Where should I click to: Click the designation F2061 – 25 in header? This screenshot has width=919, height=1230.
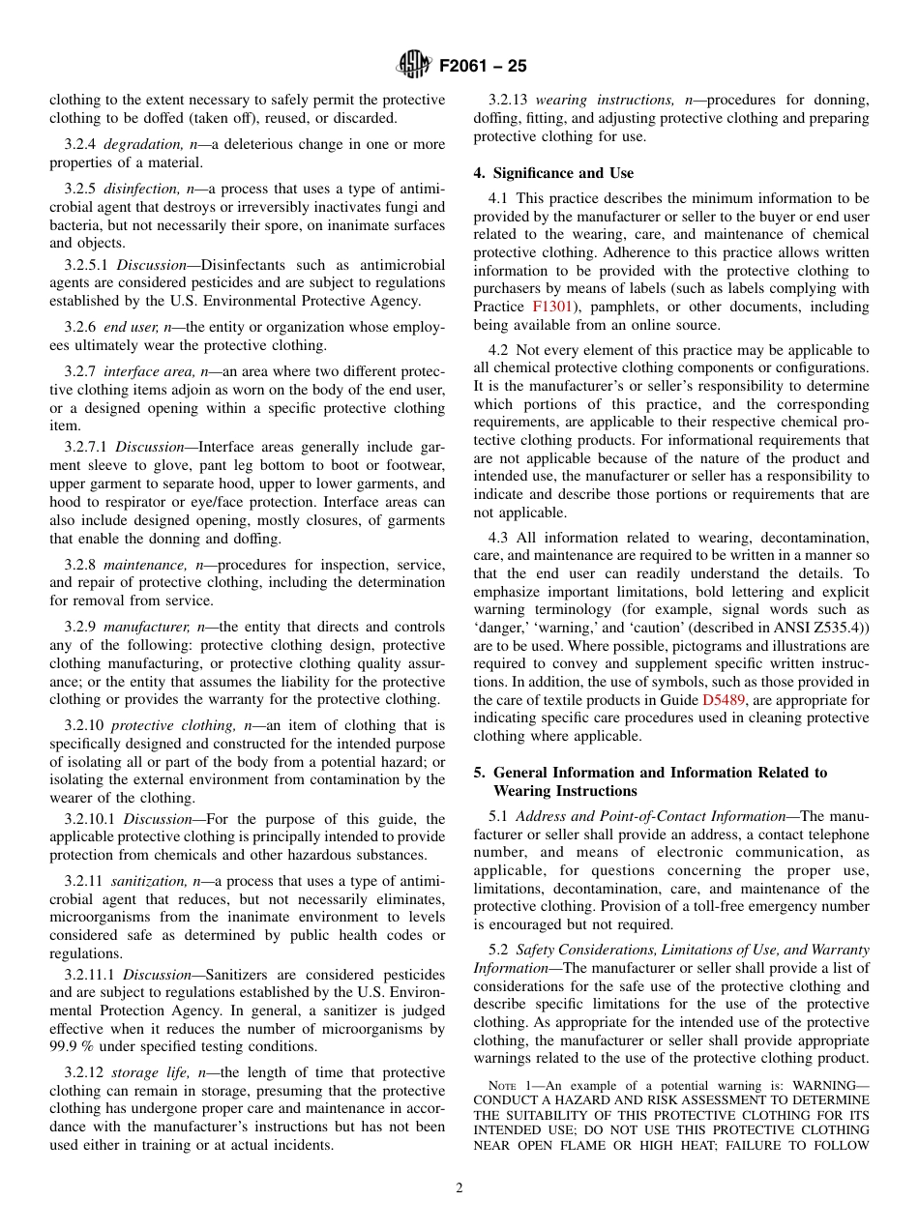coord(483,67)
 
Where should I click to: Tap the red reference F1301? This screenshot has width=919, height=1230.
coord(552,307)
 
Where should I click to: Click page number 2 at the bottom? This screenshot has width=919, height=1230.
coord(459,1188)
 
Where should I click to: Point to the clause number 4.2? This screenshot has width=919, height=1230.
coord(498,350)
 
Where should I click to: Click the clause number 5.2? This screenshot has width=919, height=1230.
coord(498,951)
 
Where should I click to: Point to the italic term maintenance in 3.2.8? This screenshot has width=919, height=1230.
coord(145,565)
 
